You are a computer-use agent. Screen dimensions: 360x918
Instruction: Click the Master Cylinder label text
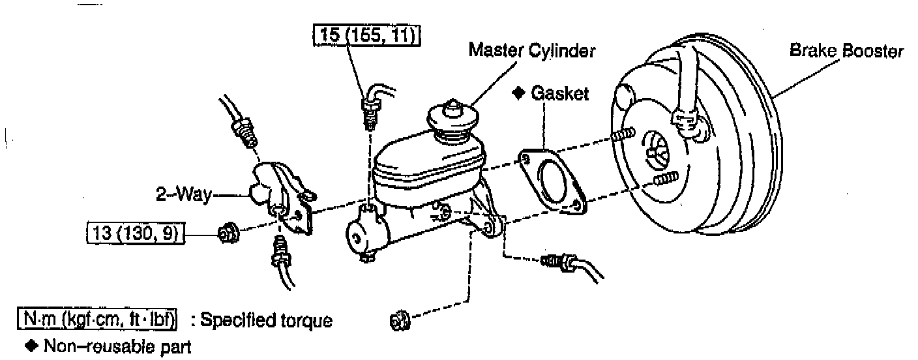531,50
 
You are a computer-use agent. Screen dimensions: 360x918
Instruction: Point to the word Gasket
559,93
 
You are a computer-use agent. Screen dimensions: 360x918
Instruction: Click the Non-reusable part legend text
117,346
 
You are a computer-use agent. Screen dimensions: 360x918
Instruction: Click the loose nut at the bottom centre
398,320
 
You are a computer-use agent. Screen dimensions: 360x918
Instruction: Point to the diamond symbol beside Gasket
519,93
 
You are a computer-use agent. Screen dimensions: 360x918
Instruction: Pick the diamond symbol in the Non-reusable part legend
28,346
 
